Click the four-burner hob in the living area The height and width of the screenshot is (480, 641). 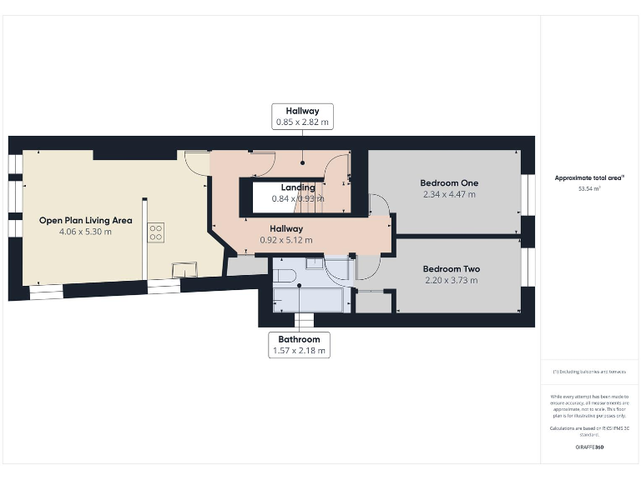(156, 232)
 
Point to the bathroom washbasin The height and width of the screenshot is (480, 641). (315, 263)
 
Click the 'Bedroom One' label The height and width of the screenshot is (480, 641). (449, 182)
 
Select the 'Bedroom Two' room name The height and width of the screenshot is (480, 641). (451, 269)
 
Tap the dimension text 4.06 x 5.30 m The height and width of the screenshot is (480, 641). (85, 232)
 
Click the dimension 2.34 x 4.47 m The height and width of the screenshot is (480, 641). (449, 194)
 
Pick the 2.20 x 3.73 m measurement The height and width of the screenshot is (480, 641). (451, 281)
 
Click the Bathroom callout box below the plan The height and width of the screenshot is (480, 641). (299, 345)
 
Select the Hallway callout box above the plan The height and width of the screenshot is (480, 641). (302, 116)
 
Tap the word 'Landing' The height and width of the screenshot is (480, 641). (298, 187)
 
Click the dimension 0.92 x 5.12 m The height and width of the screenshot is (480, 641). (285, 240)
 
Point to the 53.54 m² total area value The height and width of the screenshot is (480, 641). (589, 189)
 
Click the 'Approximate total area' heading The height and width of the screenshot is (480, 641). (589, 177)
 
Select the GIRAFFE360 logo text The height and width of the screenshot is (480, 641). (589, 447)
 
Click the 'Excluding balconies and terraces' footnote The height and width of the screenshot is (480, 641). (589, 371)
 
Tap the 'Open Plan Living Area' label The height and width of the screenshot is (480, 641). (85, 221)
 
